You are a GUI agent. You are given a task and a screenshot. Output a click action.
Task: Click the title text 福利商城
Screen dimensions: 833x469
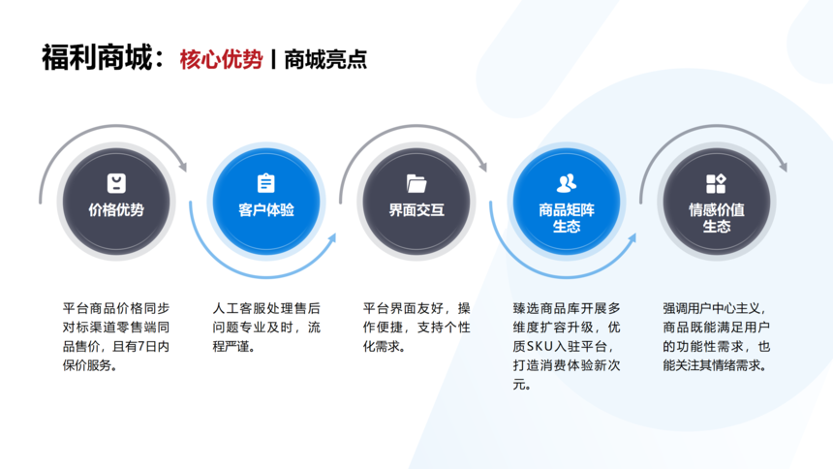[97, 57]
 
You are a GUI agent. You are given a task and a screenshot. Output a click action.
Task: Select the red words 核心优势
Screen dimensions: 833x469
[221, 59]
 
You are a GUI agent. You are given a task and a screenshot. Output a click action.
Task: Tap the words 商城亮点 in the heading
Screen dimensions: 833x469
[325, 59]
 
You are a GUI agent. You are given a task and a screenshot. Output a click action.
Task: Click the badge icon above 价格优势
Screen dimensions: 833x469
[116, 183]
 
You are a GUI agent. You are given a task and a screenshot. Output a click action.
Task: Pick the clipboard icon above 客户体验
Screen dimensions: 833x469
[266, 183]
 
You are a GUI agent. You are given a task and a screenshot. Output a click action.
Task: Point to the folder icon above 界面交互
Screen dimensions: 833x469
[416, 183]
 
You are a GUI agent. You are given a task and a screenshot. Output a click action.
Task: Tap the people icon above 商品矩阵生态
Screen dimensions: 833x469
[567, 183]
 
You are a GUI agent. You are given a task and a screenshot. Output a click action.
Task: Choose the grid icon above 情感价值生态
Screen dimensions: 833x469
[716, 183]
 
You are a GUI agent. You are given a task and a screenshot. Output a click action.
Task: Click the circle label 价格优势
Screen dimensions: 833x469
[116, 210]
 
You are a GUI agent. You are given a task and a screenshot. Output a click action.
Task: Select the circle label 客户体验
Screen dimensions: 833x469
[266, 210]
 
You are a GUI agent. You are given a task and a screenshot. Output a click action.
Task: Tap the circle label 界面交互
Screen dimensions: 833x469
[416, 210]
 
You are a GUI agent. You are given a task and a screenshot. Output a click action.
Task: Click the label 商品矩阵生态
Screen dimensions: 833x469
[567, 218]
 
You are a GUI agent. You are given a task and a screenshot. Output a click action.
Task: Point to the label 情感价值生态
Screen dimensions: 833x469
[717, 218]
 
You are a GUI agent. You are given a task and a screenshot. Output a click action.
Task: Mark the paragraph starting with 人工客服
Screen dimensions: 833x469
[266, 328]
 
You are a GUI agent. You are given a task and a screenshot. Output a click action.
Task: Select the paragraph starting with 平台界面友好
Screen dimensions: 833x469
[416, 328]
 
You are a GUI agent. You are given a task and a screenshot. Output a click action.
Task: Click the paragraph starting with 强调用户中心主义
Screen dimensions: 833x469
[716, 337]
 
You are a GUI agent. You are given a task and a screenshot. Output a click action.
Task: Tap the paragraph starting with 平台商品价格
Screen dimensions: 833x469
[116, 337]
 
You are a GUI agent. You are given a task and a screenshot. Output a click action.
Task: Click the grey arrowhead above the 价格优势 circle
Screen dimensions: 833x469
[183, 166]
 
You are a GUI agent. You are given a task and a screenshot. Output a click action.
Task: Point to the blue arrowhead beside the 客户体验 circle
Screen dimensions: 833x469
[331, 237]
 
